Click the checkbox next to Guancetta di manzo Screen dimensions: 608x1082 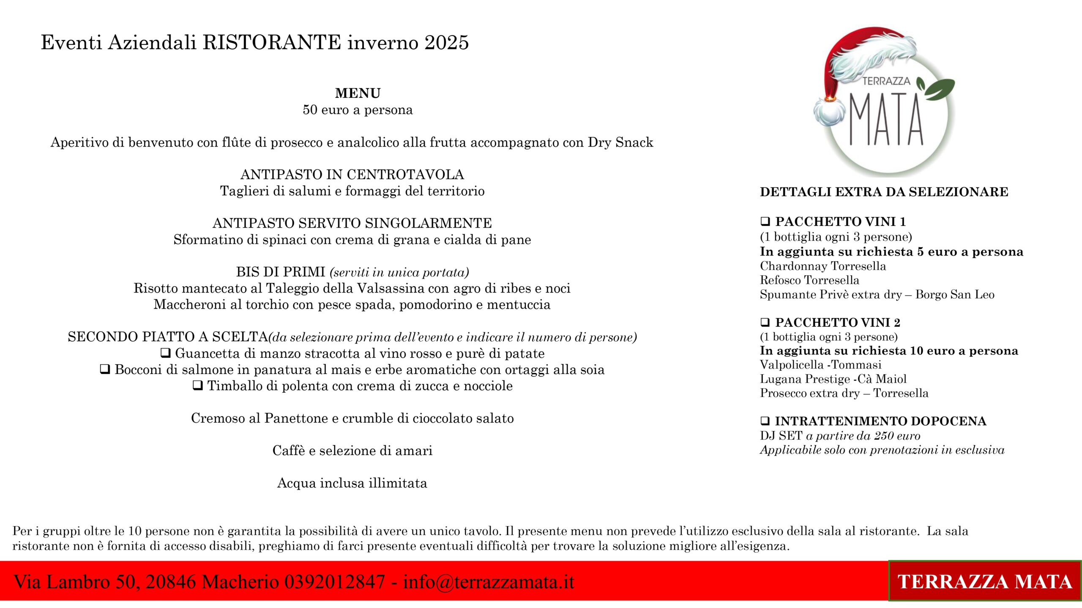[x=166, y=353]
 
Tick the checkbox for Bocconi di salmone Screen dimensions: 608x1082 [x=105, y=369]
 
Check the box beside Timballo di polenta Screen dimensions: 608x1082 [x=198, y=385]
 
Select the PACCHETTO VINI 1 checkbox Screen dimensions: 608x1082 [x=765, y=221]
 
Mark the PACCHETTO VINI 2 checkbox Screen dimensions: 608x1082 [x=765, y=322]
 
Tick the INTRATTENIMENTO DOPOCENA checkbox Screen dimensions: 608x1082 [x=765, y=421]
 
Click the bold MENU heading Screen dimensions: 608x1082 [x=358, y=93]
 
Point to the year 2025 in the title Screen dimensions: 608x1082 [x=447, y=43]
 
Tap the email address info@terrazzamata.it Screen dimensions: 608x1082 [x=489, y=582]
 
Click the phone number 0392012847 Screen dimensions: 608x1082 [x=334, y=582]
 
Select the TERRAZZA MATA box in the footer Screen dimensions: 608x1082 [x=985, y=581]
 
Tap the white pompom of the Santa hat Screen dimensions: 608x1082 [x=828, y=112]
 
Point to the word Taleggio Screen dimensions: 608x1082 [x=296, y=288]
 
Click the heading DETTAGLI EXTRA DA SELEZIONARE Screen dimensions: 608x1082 [x=884, y=192]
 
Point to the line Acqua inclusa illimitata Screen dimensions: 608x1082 [x=352, y=483]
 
